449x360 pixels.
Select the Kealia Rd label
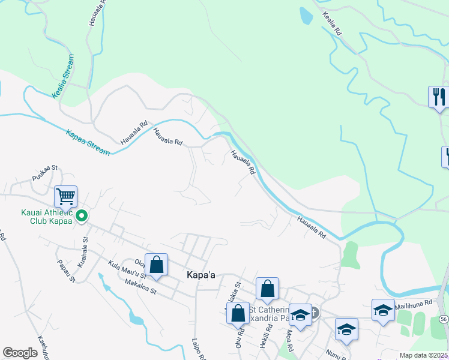point(332,24)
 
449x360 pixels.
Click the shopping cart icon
point(65,196)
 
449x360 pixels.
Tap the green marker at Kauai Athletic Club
point(83,215)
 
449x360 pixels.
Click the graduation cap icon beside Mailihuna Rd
point(383,310)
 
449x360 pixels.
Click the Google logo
point(20,353)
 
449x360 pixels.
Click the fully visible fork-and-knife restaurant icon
point(439,97)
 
